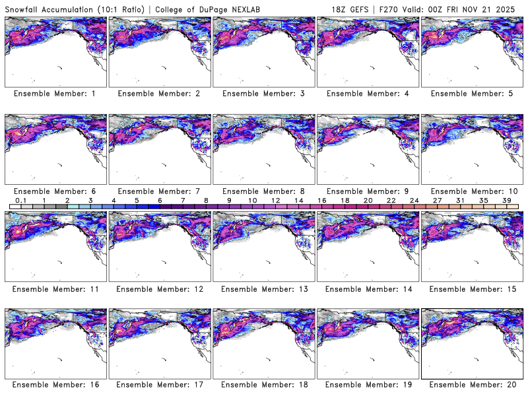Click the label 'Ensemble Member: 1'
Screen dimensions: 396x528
(x=55, y=94)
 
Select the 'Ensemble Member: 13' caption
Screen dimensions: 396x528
(x=263, y=288)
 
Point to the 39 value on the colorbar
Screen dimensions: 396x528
(x=507, y=201)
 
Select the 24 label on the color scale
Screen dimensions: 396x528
(x=414, y=201)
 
